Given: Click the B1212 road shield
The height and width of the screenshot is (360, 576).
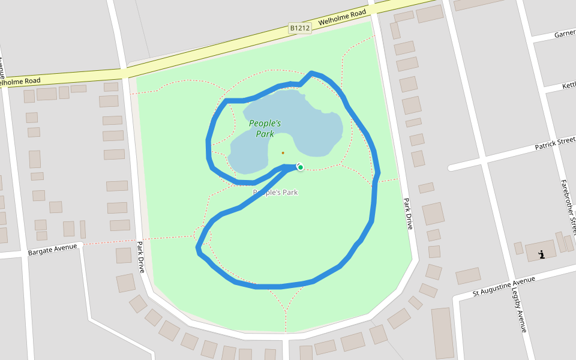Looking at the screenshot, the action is coord(300,28).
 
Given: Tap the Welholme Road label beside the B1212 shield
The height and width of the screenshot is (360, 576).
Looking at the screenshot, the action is coord(342,17).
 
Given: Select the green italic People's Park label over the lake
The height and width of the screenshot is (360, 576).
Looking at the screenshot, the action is coord(265,128).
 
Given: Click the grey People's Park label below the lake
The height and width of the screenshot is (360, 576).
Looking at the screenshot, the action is coord(275,193).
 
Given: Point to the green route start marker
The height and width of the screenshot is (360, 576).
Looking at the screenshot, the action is coord(301,167).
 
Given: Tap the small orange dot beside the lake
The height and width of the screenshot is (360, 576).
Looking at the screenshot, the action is coord(283,152).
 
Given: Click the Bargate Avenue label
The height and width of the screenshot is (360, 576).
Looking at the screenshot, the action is coord(53,249).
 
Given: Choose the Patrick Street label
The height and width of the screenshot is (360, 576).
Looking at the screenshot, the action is coord(555,143).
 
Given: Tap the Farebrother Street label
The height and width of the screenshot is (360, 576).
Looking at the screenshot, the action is coord(569,206).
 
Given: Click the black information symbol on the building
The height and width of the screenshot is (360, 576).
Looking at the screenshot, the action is coord(542,254).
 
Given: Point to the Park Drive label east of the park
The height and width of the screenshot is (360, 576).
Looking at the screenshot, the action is coord(408,214).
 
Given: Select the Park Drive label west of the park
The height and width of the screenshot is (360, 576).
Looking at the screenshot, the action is coord(141,257).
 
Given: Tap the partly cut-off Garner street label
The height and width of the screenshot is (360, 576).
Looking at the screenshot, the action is coord(565,34).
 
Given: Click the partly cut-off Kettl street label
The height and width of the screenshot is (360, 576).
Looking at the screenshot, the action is coord(568,86).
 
